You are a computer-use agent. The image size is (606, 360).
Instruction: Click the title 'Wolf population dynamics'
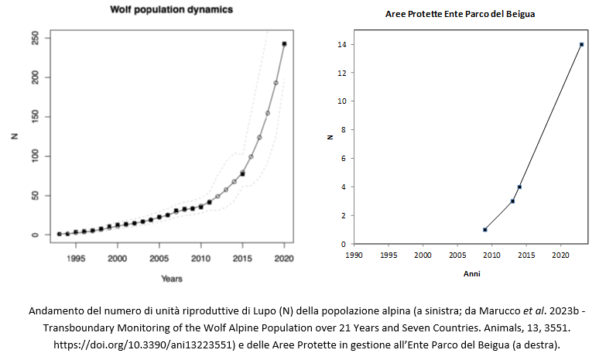point(171,9)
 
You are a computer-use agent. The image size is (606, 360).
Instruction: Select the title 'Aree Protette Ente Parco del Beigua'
point(460,14)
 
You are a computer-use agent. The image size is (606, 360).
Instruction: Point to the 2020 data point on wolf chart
point(284,44)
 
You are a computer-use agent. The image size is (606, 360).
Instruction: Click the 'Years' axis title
point(172,279)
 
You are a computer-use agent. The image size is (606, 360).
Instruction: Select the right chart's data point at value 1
point(484,230)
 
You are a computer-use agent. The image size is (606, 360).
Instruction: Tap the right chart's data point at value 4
point(519,187)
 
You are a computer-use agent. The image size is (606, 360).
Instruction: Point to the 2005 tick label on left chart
point(159,259)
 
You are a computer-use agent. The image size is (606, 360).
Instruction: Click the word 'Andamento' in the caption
point(56,310)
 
